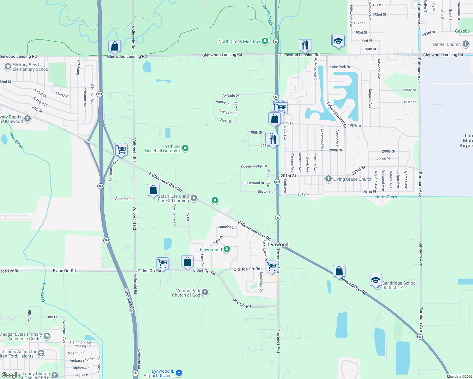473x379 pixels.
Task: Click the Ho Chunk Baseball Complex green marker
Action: [186, 148]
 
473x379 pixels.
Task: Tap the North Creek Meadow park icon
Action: [265, 41]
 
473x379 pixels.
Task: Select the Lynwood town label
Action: [278, 244]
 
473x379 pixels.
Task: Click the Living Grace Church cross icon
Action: [329, 179]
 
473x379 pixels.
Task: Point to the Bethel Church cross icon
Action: [465, 44]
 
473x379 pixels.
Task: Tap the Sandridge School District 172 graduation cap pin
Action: [376, 280]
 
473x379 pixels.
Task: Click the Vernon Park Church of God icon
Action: [205, 292]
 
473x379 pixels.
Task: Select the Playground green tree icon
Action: [227, 249]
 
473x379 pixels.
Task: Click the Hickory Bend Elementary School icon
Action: [8, 67]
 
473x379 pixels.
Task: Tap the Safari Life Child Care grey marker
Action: [194, 198]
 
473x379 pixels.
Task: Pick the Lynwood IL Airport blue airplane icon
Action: [179, 373]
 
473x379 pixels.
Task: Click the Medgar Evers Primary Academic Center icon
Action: [47, 336]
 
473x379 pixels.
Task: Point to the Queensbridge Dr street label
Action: [254, 166]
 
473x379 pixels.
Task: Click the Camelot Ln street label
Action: [227, 227]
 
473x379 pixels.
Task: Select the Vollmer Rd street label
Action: [123, 199]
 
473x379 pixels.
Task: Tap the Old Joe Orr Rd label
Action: [247, 269]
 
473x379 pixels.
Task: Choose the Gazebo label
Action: [462, 31]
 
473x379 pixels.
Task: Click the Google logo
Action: [11, 375]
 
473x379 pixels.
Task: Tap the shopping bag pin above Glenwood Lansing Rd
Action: [114, 46]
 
